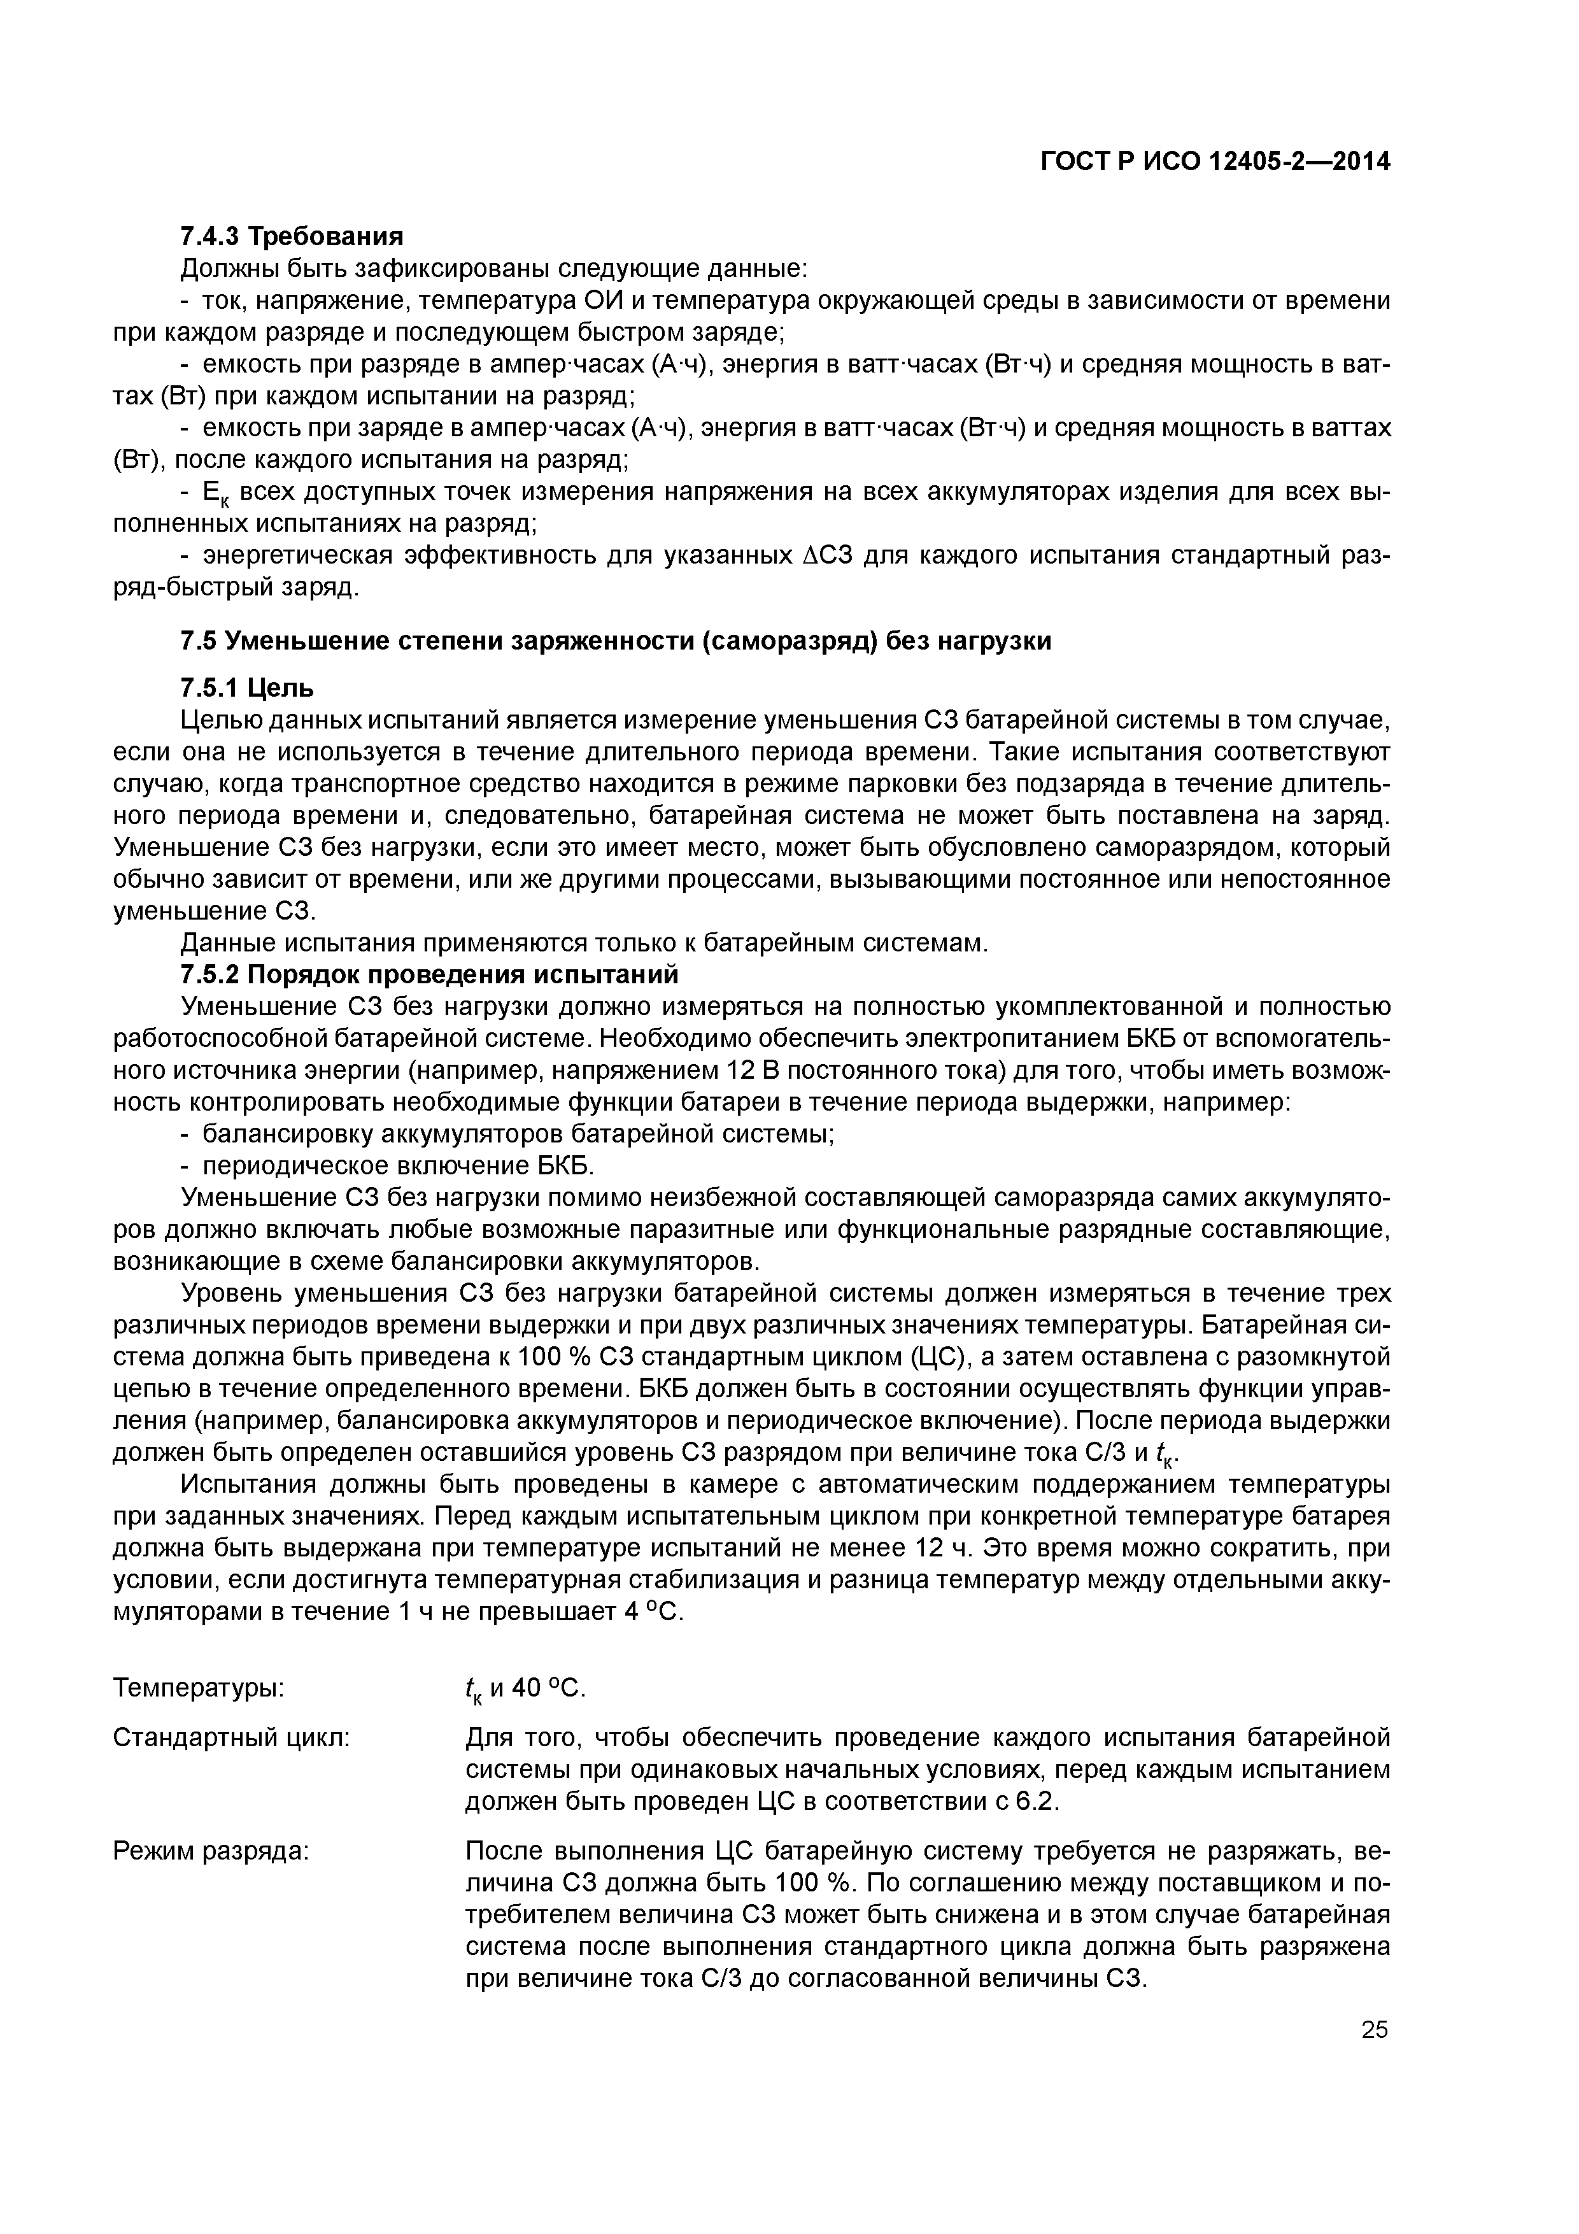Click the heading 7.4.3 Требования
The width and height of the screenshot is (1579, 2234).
292,236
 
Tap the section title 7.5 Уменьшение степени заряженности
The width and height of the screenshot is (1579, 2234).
616,641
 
